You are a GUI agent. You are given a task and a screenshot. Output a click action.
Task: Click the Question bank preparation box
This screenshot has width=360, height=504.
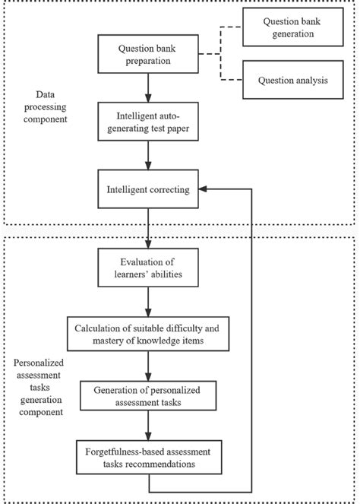[148, 54]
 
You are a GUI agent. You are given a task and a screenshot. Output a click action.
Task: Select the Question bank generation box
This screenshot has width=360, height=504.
[293, 27]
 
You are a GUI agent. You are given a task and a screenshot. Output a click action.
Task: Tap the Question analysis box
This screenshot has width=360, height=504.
[293, 80]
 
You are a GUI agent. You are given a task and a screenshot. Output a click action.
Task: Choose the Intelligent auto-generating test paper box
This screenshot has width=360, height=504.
[148, 122]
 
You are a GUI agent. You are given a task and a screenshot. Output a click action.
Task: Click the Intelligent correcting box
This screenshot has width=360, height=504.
[148, 189]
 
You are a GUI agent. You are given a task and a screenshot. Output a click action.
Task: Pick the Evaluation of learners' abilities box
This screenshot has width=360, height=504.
[148, 268]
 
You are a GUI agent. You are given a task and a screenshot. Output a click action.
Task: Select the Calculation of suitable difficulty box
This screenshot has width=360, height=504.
[148, 334]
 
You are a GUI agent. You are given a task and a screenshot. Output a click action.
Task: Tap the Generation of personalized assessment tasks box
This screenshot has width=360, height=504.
[148, 396]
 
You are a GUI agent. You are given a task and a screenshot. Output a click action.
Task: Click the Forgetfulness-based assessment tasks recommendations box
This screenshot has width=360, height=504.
[149, 457]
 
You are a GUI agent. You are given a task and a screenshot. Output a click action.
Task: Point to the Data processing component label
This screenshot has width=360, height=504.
[46, 106]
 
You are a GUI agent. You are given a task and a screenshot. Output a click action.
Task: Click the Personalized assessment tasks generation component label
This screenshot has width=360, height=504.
[39, 388]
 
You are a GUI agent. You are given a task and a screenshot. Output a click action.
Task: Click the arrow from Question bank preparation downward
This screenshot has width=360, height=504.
[148, 87]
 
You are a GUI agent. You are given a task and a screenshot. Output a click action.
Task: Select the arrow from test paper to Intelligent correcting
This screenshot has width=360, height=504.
[148, 155]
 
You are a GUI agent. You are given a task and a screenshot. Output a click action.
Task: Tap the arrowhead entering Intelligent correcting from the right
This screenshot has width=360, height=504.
[203, 189]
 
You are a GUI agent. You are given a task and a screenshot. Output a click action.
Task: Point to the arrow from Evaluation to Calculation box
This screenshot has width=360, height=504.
[148, 302]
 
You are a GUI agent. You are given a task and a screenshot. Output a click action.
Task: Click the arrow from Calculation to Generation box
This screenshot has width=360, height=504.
[148, 366]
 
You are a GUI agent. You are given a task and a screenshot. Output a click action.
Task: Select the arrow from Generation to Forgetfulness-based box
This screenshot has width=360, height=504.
[148, 426]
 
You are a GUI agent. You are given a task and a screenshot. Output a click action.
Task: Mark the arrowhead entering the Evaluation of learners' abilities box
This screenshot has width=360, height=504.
[148, 244]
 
